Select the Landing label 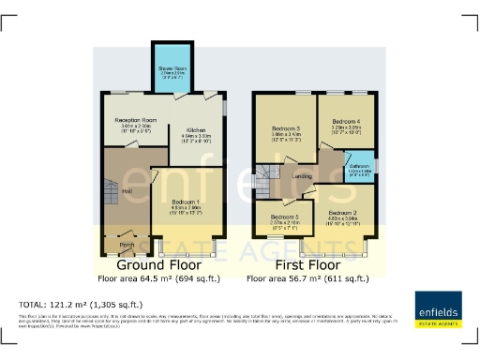(303, 175)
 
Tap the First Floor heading (305, 266)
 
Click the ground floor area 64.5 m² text (156, 279)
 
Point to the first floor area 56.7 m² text (305, 279)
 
